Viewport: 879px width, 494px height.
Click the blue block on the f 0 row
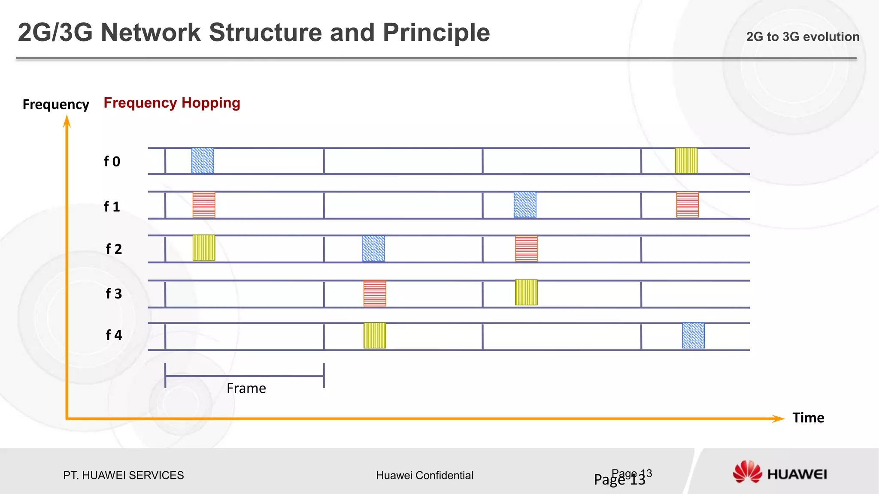coord(203,161)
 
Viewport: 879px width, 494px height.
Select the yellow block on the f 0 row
coord(686,161)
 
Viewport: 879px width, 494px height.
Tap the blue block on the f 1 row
coord(525,205)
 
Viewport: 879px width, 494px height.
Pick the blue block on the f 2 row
coord(373,248)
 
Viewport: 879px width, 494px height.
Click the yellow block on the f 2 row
coord(204,248)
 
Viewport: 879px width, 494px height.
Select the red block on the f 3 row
coord(375,293)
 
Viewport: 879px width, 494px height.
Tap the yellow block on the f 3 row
coord(526,292)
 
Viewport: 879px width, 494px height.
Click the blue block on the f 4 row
coord(693,335)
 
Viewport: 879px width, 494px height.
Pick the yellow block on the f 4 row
coord(375,335)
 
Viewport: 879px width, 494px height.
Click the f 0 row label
coord(112,162)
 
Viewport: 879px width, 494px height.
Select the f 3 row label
coord(114,294)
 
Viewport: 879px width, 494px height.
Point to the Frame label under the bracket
coord(246,389)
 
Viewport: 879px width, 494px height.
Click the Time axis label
coord(808,418)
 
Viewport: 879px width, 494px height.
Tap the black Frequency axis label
coord(56,105)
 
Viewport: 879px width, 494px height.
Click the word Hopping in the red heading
coord(210,103)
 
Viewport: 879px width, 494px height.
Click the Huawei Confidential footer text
coord(424,475)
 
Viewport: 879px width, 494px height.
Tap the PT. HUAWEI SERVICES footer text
coord(123,475)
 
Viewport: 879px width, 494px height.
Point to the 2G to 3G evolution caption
coord(802,37)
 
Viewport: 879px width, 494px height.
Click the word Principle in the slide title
coord(436,33)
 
